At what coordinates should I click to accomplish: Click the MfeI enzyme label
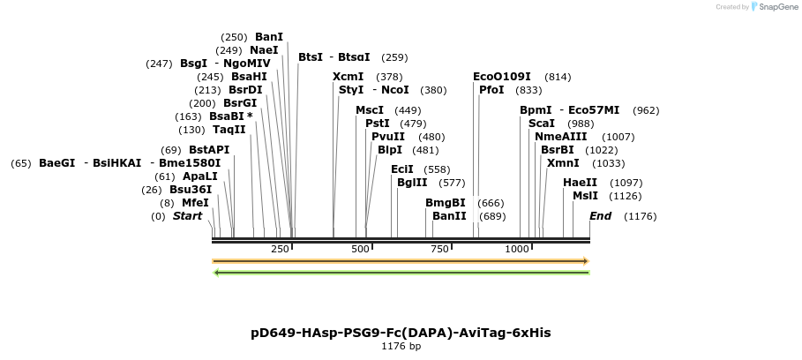[x=195, y=203]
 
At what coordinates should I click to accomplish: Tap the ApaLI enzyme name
[x=199, y=176]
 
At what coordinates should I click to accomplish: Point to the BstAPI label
[x=208, y=150]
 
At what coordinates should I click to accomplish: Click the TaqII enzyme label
[x=229, y=130]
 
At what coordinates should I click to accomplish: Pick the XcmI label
[x=348, y=77]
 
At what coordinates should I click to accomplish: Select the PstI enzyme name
[x=377, y=124]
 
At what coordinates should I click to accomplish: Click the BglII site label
[x=411, y=183]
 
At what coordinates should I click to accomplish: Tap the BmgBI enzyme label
[x=445, y=203]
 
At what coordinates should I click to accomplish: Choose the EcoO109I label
[x=502, y=77]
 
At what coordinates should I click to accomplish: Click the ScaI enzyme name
[x=541, y=124]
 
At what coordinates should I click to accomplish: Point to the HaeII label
[x=580, y=183]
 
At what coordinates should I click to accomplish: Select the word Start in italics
[x=187, y=216]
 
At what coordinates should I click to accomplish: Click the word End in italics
[x=600, y=216]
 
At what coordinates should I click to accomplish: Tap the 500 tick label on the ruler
[x=359, y=249]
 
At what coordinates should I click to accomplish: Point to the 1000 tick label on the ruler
[x=517, y=249]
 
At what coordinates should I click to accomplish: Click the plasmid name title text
[x=401, y=333]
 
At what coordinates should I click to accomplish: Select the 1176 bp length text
[x=401, y=347]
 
